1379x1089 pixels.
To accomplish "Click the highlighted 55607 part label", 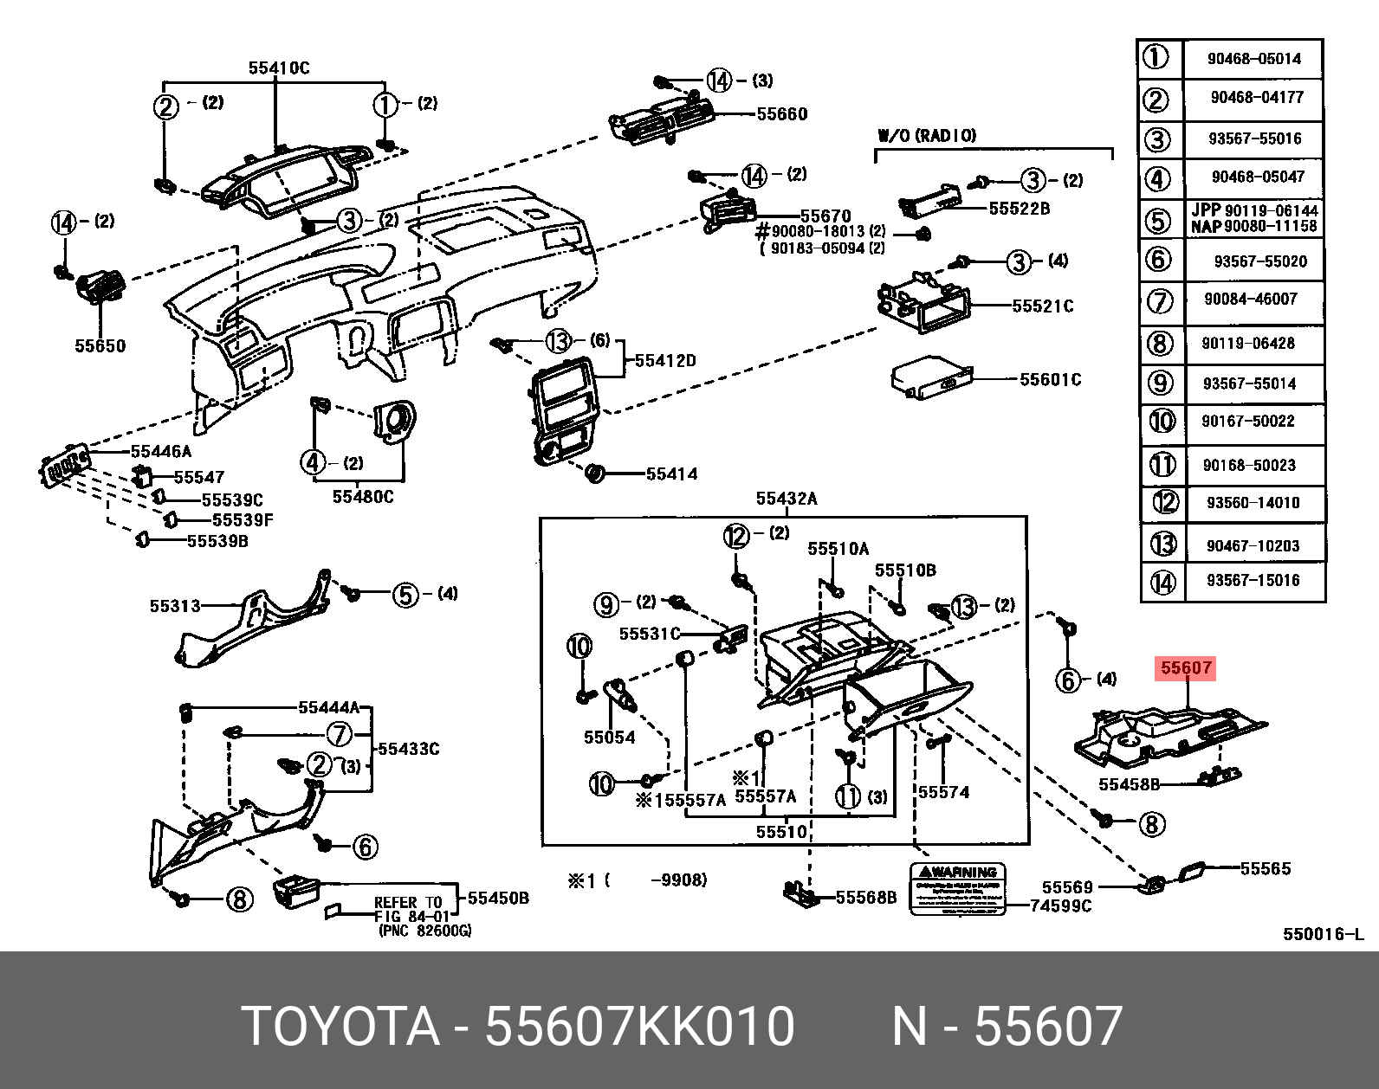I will (x=1186, y=667).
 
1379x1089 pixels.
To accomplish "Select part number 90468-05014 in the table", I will (x=1253, y=59).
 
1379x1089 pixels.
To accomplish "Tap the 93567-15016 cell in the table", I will (x=1253, y=580).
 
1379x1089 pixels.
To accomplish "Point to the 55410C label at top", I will (x=278, y=68).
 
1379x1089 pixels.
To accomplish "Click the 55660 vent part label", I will (x=781, y=114).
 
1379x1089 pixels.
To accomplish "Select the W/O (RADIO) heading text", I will (x=927, y=135).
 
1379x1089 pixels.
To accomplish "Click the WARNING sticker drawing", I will (x=957, y=888).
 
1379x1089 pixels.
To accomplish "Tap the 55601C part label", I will (x=1050, y=379).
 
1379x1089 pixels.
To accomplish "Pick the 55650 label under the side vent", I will (x=100, y=345).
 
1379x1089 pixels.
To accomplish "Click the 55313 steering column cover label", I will (x=174, y=606).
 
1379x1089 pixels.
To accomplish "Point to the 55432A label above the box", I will (x=786, y=499).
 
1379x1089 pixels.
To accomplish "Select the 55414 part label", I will (x=671, y=474).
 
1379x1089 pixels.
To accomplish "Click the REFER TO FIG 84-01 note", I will (x=412, y=909).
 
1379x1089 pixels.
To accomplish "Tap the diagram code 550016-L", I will (x=1323, y=934).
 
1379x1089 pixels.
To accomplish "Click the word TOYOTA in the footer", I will (x=340, y=1027).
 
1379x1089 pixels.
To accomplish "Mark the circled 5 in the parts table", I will (x=1158, y=220).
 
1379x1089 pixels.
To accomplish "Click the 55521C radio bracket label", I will (x=1042, y=306).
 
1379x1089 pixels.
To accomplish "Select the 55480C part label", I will (x=363, y=497).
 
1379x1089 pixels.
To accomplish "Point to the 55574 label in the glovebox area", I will (x=943, y=791).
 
